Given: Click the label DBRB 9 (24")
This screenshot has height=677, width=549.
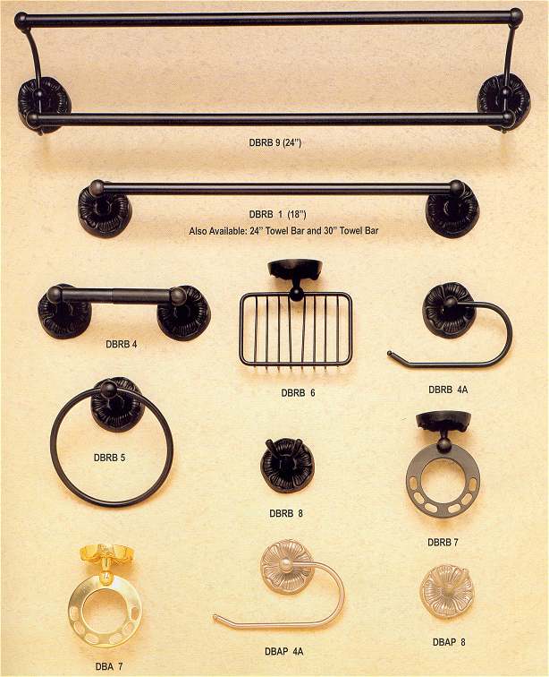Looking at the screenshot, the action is click(275, 142).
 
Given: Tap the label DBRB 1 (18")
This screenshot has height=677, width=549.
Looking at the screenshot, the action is click(278, 214).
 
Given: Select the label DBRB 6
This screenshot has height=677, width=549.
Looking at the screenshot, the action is click(298, 392).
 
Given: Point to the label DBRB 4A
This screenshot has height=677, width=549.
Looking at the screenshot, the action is click(448, 390).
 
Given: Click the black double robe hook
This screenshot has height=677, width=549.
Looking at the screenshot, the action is click(287, 465).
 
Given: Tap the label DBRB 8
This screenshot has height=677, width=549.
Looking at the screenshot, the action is click(286, 513).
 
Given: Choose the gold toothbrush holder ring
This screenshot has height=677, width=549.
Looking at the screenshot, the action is click(105, 611).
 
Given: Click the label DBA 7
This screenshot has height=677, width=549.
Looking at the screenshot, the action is click(109, 666).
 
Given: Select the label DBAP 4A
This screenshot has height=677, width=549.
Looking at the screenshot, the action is click(283, 651).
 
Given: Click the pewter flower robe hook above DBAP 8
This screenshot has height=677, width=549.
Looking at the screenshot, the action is click(446, 592).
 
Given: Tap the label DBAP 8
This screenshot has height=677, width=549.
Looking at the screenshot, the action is click(449, 642).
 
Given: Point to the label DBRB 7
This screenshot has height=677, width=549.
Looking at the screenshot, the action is click(443, 543).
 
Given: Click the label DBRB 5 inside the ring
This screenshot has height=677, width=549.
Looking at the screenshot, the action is click(110, 458).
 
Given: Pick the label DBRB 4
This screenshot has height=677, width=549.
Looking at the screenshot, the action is click(122, 345).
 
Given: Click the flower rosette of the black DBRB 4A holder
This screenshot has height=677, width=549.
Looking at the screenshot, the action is click(449, 310).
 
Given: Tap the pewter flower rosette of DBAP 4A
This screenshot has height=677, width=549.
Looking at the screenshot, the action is click(288, 568).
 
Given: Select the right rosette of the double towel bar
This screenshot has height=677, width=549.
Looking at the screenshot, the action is click(503, 102).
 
